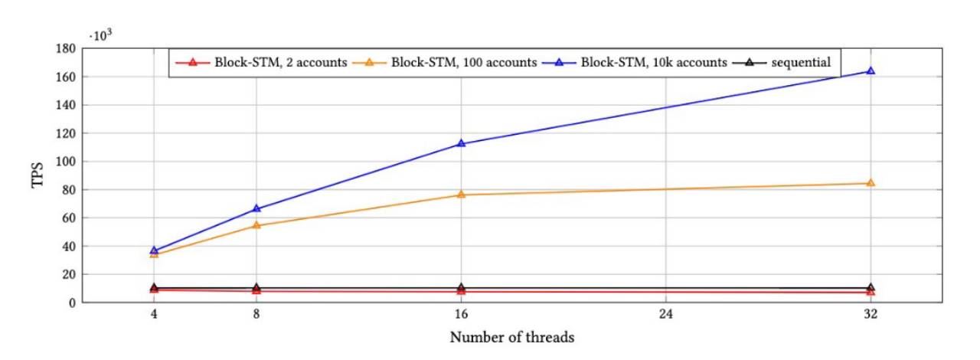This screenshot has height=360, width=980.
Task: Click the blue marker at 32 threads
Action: click(x=871, y=70)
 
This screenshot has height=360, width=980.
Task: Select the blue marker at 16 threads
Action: click(x=461, y=143)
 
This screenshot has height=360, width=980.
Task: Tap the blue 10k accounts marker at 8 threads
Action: click(x=256, y=208)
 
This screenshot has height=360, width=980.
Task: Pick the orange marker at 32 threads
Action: click(x=871, y=183)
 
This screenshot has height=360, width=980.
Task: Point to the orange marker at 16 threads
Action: click(x=461, y=195)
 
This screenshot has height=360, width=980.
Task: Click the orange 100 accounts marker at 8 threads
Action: click(x=256, y=225)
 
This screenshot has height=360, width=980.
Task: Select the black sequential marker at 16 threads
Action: click(x=461, y=287)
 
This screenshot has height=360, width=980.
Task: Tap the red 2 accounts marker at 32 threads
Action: click(x=871, y=292)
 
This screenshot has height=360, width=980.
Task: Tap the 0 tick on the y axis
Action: click(x=72, y=303)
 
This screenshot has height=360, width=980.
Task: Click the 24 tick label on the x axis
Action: click(x=665, y=315)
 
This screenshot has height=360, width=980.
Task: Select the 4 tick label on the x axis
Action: click(x=154, y=315)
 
